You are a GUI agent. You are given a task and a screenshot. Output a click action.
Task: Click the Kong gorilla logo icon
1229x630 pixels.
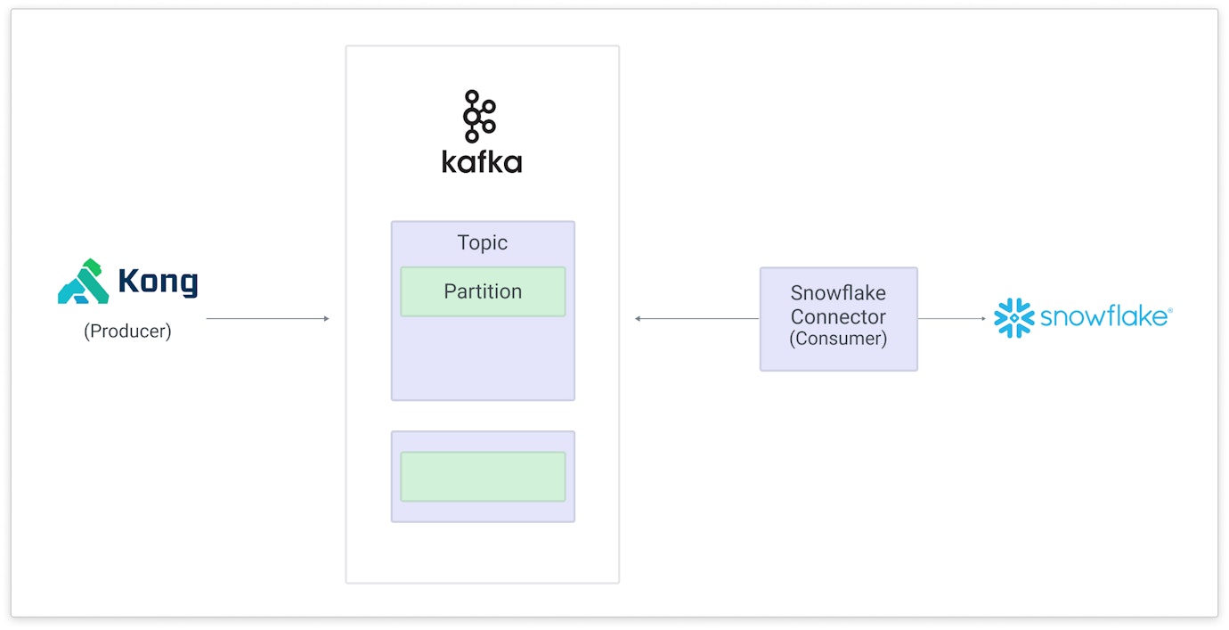(x=84, y=282)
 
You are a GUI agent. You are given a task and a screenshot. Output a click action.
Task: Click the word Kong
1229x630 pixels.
(x=158, y=282)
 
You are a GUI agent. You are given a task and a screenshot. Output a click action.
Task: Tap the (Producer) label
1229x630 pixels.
(x=127, y=331)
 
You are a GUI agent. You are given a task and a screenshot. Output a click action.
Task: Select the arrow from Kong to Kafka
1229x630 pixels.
(x=267, y=318)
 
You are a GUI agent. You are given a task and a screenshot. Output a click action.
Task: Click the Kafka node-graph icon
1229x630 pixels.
(x=479, y=117)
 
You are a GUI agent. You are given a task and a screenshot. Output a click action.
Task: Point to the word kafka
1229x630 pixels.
(x=482, y=162)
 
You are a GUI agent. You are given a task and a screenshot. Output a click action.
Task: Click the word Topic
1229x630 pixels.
(x=482, y=242)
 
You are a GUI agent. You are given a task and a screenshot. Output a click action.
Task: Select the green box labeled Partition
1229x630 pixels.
(x=482, y=291)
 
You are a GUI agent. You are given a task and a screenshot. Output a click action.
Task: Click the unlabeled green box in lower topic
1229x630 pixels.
(x=482, y=477)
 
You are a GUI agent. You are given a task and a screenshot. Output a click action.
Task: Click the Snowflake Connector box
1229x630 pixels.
(x=838, y=318)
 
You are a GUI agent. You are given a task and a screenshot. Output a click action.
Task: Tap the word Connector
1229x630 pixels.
(x=838, y=316)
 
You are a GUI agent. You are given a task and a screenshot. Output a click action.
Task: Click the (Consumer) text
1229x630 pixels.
(x=838, y=339)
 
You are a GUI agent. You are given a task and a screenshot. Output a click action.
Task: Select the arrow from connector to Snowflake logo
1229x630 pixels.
(x=951, y=318)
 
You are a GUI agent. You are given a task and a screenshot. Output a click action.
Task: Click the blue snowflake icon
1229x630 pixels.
(x=1013, y=318)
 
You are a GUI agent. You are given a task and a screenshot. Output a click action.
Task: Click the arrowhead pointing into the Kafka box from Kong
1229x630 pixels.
(x=326, y=318)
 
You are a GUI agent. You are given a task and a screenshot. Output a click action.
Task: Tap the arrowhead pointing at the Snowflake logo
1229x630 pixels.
(x=983, y=318)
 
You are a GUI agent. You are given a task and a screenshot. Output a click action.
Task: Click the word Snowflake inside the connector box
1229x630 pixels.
(x=838, y=293)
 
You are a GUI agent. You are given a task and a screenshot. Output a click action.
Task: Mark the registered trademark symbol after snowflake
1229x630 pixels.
(x=1169, y=310)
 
